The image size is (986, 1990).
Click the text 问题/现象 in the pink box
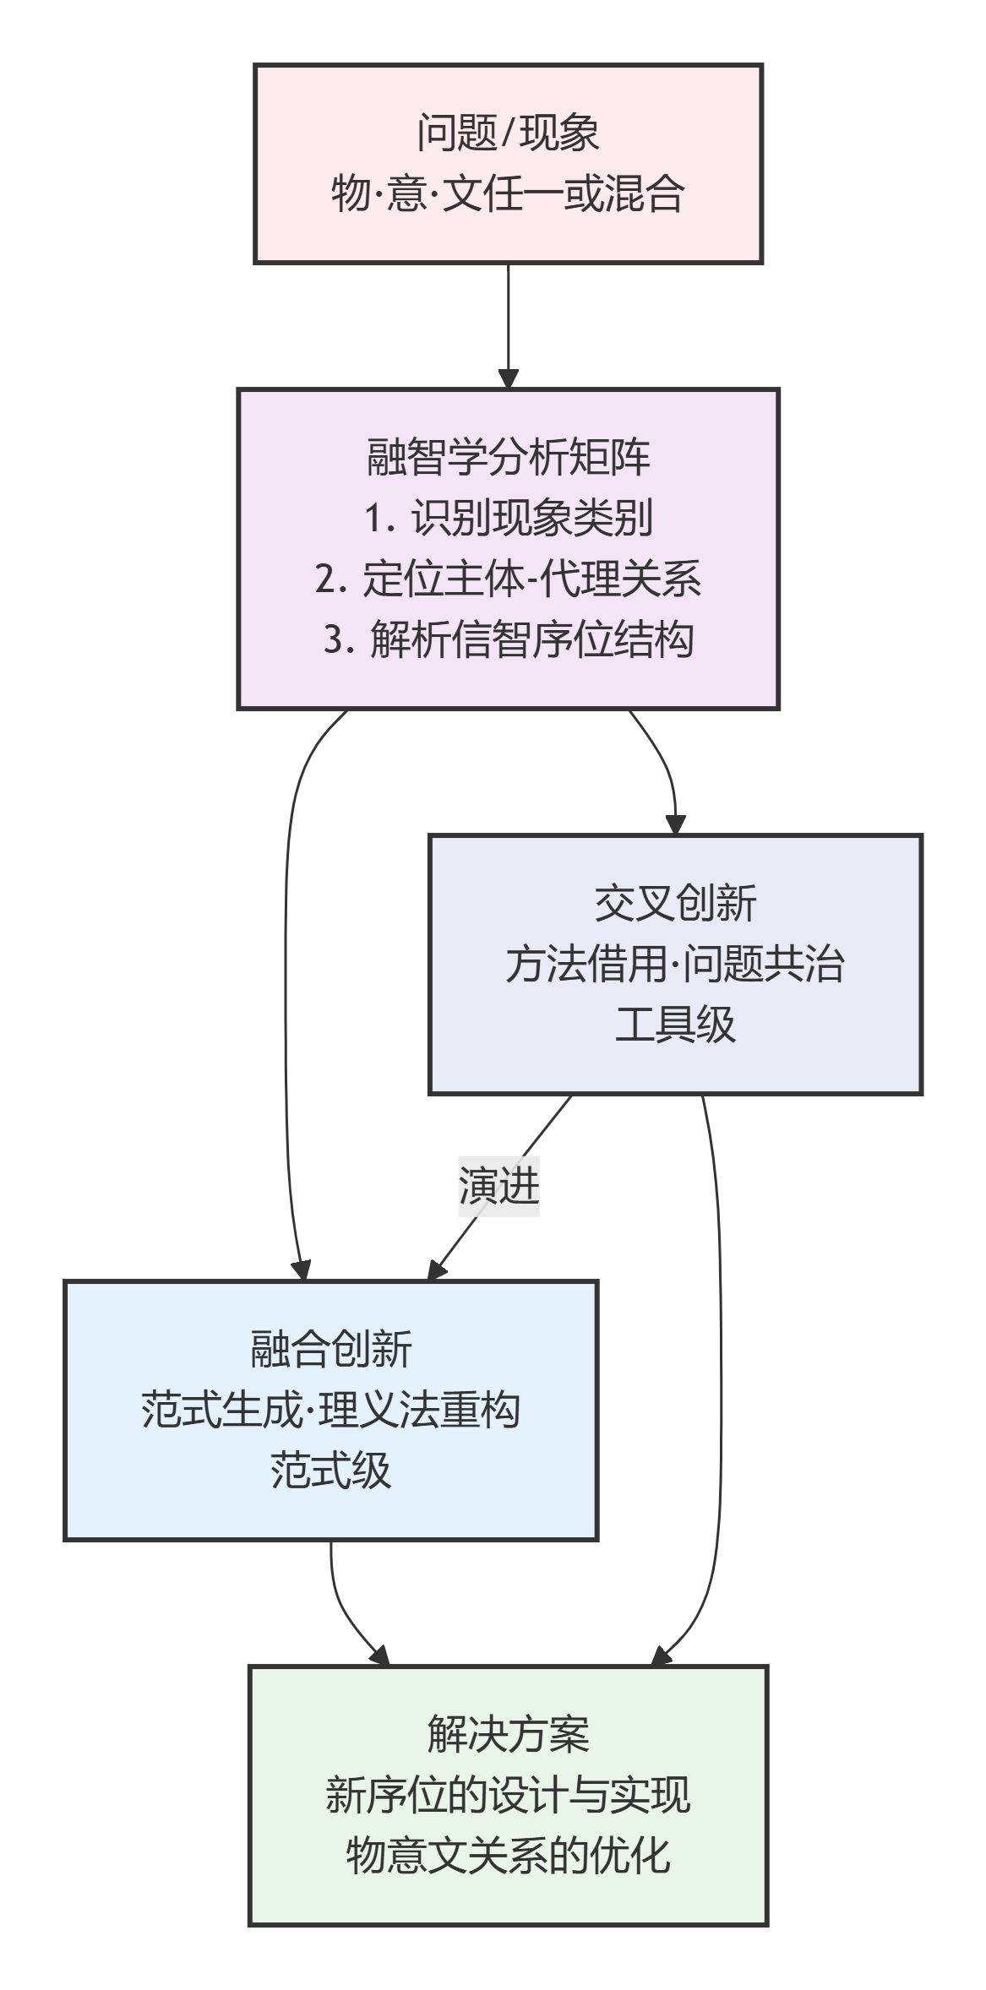pos(508,133)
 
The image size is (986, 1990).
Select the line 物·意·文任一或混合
pos(508,193)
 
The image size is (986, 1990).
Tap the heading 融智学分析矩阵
pos(508,457)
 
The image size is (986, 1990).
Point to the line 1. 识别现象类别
pos(508,518)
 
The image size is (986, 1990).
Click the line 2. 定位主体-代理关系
pos(508,579)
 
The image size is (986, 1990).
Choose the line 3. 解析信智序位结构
pos(508,639)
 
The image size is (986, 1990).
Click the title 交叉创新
pos(675,903)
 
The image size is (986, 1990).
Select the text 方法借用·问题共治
pos(675,964)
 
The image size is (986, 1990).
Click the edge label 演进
pos(498,1186)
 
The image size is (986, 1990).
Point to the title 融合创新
pos(330,1349)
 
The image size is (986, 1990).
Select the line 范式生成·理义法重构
pos(330,1410)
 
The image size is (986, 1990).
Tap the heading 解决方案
pos(508,1734)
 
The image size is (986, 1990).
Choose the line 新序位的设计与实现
pos(508,1795)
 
